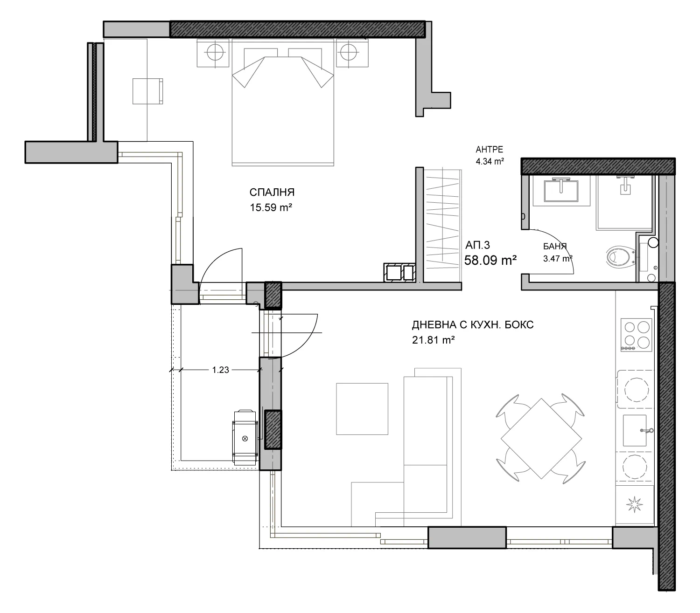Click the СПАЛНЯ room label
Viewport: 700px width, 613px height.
(272, 192)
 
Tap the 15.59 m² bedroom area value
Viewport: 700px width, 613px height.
(271, 207)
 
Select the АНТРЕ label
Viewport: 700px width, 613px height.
(489, 150)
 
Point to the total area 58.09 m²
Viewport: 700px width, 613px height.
(490, 260)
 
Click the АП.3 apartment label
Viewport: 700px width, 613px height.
(477, 245)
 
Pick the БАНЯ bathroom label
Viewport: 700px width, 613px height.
(555, 246)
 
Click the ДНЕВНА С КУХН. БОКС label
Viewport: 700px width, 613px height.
(473, 325)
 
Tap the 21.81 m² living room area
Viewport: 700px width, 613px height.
(433, 340)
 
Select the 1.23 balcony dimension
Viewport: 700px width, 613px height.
(220, 370)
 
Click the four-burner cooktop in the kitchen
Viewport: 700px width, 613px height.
(637, 335)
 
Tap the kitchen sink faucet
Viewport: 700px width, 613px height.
(646, 430)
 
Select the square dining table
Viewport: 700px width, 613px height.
(541, 439)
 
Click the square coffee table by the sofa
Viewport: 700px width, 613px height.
(362, 409)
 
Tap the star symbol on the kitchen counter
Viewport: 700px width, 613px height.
(635, 505)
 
